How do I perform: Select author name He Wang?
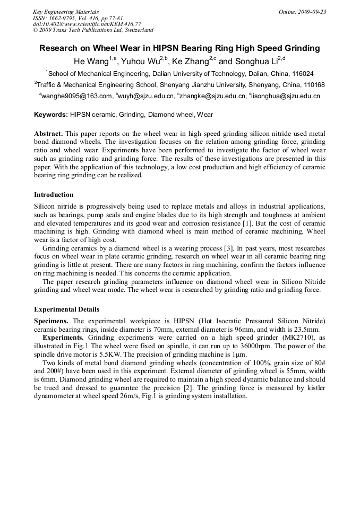pyautogui.click(x=91, y=61)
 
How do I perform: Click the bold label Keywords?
pyautogui.click(x=51, y=114)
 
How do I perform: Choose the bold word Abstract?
pyautogui.click(x=48, y=133)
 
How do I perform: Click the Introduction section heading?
pyautogui.click(x=54, y=195)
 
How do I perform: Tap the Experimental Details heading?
pyautogui.click(x=66, y=309)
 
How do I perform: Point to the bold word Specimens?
pyautogui.click(x=51, y=321)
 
